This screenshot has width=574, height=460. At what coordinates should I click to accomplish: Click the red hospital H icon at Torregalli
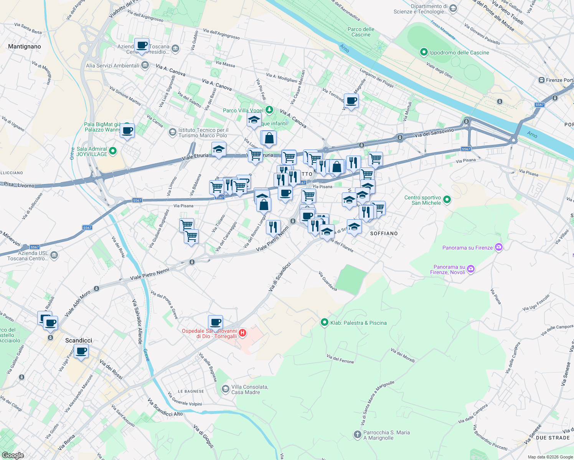242,333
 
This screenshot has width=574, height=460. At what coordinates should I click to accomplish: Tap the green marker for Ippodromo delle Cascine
424,52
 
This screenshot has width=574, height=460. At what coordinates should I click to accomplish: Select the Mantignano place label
25,46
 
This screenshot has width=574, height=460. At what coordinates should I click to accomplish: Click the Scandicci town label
79,340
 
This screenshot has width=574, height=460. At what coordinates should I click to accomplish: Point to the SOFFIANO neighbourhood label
384,233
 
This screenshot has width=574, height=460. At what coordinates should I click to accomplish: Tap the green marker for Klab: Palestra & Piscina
325,322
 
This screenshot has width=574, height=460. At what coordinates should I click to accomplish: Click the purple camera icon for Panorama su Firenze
498,247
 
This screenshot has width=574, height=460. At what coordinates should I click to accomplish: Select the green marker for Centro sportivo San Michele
447,200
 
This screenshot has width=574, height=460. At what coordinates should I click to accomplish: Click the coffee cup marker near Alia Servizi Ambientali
142,46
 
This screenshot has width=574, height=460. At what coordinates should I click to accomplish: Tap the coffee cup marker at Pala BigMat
127,131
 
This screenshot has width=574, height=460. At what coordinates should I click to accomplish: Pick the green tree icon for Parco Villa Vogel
269,110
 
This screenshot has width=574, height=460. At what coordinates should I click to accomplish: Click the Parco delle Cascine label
361,32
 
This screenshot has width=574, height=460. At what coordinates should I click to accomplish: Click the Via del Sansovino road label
434,133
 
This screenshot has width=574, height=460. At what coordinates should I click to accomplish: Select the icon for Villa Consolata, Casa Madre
226,389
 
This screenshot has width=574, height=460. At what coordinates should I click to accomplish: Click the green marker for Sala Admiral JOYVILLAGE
113,151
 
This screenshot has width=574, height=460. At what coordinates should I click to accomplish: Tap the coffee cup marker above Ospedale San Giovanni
215,322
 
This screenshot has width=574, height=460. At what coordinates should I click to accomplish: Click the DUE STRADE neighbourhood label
553,437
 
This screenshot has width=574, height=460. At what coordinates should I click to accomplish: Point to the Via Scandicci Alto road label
166,407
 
